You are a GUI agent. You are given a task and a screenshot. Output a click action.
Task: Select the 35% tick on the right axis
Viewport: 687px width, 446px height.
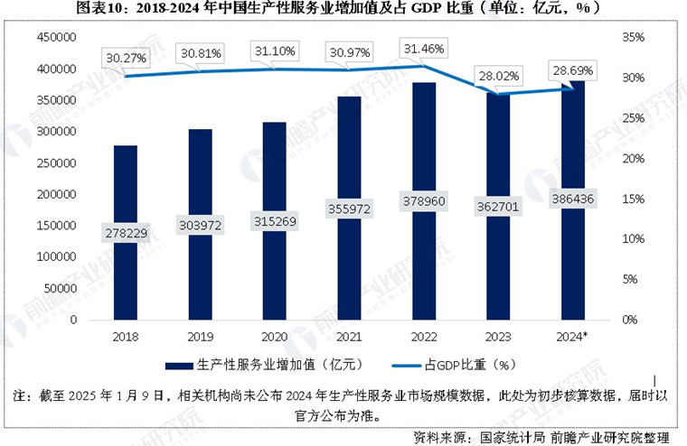click(631, 37)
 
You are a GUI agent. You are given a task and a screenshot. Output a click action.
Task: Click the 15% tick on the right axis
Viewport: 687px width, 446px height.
click(631, 199)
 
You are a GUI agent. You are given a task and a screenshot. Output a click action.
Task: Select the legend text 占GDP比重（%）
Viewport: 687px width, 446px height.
click(469, 366)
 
